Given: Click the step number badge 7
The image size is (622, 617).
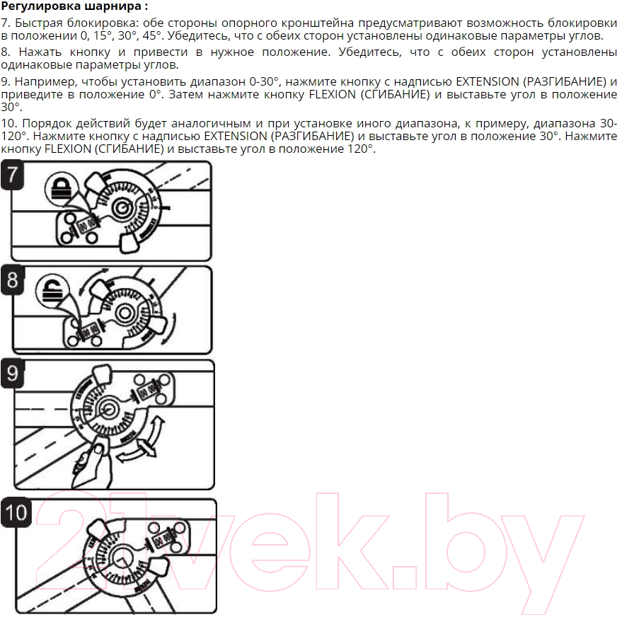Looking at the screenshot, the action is (12, 174).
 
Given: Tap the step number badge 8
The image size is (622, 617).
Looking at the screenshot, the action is (13, 280).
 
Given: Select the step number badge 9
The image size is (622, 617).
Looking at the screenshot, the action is (13, 374).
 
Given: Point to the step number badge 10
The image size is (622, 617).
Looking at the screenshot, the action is (16, 512).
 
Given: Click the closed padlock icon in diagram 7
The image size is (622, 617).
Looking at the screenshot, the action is (59, 187).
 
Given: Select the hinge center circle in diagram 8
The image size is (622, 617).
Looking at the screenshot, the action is (124, 313).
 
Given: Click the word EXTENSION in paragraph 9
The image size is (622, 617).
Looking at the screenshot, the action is (488, 81).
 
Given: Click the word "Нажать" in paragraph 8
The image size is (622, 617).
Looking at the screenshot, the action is (40, 52).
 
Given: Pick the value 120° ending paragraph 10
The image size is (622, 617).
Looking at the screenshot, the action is (360, 149).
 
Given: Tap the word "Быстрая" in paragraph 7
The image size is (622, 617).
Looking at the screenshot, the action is (38, 23).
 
